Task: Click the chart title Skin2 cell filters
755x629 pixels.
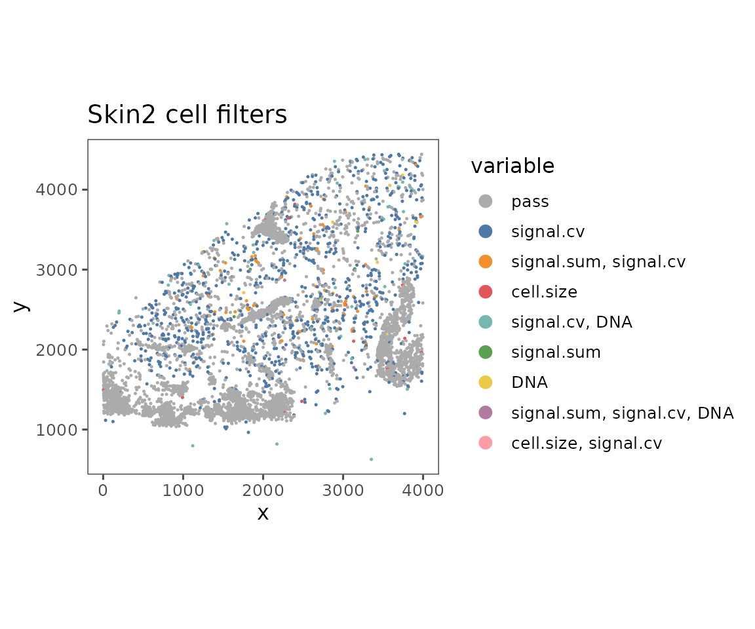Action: (x=187, y=115)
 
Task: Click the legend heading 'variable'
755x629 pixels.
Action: (x=513, y=166)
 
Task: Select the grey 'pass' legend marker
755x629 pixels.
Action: (x=486, y=201)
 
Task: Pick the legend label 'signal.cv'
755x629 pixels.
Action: (x=548, y=231)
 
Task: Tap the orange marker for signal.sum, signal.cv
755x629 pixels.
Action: (x=486, y=262)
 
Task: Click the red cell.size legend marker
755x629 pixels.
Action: (x=486, y=292)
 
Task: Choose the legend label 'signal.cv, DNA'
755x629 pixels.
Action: (x=571, y=322)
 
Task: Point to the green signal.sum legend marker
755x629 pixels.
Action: (x=486, y=353)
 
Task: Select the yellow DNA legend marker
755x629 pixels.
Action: (x=486, y=383)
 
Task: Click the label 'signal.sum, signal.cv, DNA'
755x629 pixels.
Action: (x=623, y=413)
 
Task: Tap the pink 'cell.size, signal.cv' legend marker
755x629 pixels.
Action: (x=486, y=443)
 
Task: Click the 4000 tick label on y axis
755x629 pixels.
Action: (x=56, y=189)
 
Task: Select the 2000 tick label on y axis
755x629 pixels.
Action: (x=56, y=350)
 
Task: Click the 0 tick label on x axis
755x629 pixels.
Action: (x=103, y=490)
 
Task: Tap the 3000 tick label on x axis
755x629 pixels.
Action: (x=343, y=490)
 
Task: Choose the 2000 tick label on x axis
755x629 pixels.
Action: (x=263, y=490)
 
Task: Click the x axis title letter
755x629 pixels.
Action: (x=263, y=513)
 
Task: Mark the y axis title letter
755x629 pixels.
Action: (x=21, y=307)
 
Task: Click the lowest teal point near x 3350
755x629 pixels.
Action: (x=371, y=459)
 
